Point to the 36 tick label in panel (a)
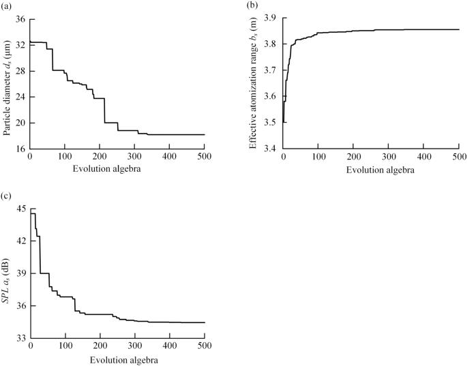tap(20, 19)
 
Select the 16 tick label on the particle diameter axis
tap(20, 149)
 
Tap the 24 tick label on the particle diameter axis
tap(20, 97)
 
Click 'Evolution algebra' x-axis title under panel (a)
tap(117, 168)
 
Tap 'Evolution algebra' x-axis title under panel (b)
tap(371, 168)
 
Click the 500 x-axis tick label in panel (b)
tap(458, 157)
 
